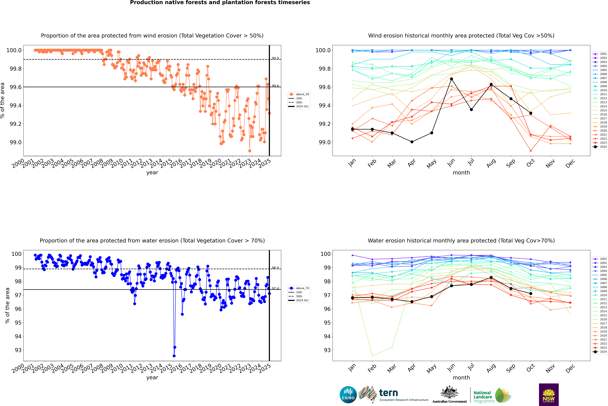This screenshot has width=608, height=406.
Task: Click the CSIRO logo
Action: click(x=348, y=395)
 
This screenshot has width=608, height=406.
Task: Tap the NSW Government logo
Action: click(x=549, y=395)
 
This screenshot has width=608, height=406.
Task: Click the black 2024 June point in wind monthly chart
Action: click(x=451, y=79)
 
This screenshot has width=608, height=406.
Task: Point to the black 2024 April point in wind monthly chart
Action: click(x=412, y=142)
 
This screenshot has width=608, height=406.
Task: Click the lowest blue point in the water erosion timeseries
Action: click(x=174, y=356)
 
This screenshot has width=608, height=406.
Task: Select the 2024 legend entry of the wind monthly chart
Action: click(x=601, y=147)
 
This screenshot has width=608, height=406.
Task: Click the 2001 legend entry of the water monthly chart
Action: click(x=601, y=259)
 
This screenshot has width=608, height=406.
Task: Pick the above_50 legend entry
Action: click(x=299, y=94)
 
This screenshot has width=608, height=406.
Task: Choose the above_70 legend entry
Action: click(x=299, y=288)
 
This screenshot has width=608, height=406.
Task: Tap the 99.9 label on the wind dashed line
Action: click(x=275, y=58)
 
